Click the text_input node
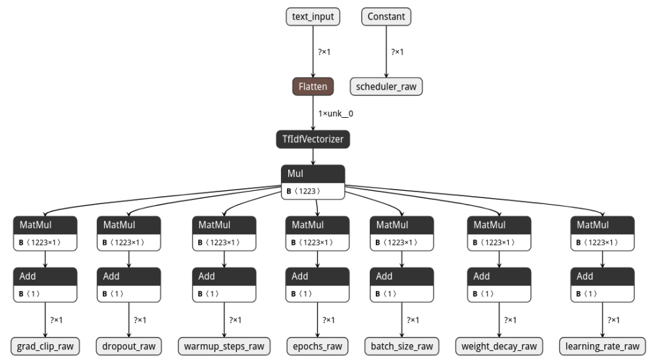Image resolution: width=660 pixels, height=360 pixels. tap(313, 17)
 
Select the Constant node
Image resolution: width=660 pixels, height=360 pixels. tap(386, 17)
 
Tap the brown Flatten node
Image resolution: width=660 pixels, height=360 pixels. tap(313, 87)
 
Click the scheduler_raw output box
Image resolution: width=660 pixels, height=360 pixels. tap(386, 87)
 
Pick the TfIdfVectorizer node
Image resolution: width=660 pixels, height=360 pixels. tap(313, 140)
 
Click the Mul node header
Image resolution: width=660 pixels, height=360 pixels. tap(313, 174)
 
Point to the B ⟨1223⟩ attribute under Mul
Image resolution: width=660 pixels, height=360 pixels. tap(303, 191)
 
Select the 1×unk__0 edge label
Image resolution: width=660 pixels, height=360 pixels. tap(336, 114)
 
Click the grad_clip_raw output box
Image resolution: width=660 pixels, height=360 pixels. tap(45, 347)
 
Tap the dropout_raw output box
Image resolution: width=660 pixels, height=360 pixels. tap(129, 347)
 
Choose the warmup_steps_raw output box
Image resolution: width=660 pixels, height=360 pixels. tap(224, 347)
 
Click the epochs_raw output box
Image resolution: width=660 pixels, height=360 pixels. tap(317, 347)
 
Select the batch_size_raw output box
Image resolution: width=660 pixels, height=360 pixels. tap(401, 347)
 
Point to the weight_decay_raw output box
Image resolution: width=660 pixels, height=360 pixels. tap(499, 347)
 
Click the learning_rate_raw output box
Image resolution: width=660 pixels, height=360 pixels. tap(602, 347)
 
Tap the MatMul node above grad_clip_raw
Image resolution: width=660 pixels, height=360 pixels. tap(45, 234)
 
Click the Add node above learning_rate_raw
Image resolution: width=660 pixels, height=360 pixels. tap(602, 285)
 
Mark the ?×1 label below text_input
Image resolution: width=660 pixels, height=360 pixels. tap(324, 52)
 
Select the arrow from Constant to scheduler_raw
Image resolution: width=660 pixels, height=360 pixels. tap(386, 52)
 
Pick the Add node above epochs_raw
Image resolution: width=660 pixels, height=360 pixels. tap(317, 285)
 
